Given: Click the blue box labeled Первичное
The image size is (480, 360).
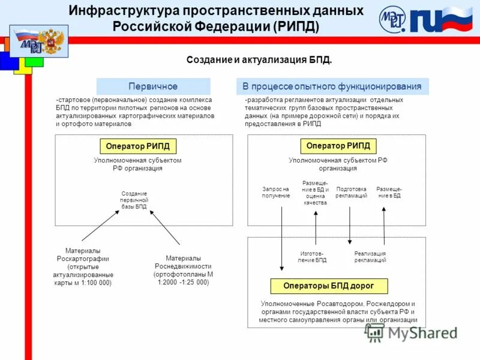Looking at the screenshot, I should [x=153, y=86].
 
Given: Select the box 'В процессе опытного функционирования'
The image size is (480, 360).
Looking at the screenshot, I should [x=332, y=86].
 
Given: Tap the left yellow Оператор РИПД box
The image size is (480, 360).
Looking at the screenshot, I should [x=137, y=146].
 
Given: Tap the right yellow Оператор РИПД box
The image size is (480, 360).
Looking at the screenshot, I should [x=337, y=146].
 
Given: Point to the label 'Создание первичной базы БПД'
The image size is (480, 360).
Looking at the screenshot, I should [x=134, y=200].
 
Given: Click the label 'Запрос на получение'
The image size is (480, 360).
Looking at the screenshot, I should [x=276, y=193].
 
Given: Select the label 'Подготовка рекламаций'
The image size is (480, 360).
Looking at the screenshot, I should [x=351, y=193].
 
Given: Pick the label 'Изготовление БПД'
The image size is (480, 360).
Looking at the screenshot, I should [x=313, y=257].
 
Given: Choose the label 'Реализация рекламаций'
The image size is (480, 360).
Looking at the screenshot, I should [x=370, y=257].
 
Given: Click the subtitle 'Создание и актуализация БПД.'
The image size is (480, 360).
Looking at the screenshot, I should [x=259, y=61].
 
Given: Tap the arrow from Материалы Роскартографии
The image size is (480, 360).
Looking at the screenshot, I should [x=100, y=225].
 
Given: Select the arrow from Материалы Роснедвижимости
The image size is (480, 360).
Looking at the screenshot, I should [x=164, y=227].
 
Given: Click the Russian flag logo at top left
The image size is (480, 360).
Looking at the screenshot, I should [x=38, y=41].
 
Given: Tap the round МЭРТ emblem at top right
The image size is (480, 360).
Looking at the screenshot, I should [x=392, y=20].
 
